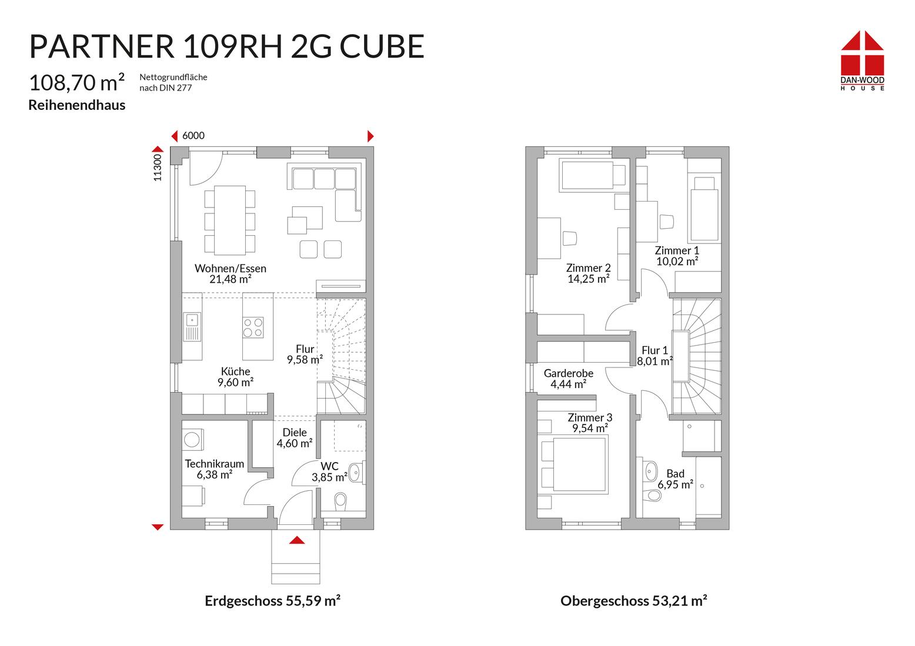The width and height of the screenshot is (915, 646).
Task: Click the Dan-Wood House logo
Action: tap(862, 61)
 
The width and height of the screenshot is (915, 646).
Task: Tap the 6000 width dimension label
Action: tap(193, 136)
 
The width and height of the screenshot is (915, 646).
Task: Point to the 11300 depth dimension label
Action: tap(157, 168)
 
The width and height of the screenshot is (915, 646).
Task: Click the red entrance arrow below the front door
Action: tap(297, 540)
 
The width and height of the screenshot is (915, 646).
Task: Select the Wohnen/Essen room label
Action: tap(231, 268)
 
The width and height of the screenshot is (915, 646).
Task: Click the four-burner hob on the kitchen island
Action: tap(253, 327)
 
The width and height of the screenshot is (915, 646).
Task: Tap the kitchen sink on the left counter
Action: tap(192, 326)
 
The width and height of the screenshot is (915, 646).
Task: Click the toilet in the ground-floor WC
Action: tap(340, 501)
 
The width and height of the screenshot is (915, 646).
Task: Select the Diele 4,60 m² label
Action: tap(295, 438)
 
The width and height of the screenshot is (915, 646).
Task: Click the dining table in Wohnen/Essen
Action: tap(229, 220)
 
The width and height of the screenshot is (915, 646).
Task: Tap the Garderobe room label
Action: tap(568, 373)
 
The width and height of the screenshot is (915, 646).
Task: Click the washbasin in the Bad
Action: tap(651, 472)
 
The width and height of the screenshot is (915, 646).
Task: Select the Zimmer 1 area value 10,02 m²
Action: tap(677, 262)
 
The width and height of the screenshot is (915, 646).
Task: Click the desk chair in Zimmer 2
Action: tap(569, 239)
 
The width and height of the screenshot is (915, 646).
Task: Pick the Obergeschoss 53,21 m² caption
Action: tap(633, 601)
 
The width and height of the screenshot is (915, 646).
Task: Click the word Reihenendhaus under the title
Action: tap(77, 105)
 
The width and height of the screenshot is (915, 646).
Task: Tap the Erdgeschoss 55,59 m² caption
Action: tap(272, 601)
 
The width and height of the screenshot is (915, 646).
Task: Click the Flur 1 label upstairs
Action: tap(654, 350)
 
